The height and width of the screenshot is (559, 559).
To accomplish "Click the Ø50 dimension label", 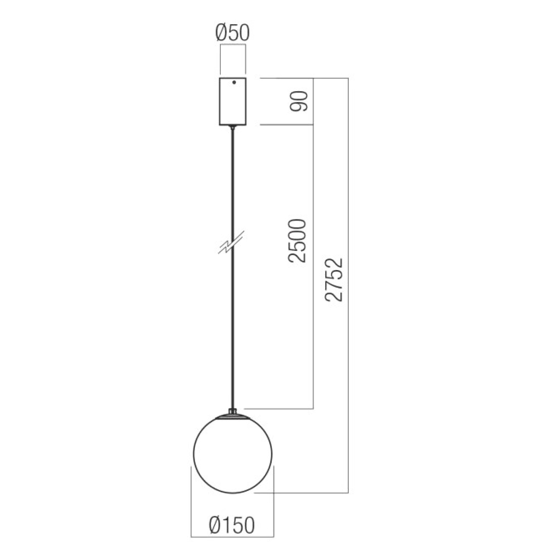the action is (232, 34).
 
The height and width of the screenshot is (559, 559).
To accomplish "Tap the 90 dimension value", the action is (299, 101).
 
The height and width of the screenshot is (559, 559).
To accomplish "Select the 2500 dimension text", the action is (297, 240).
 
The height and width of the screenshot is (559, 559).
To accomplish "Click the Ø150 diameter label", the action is (232, 525).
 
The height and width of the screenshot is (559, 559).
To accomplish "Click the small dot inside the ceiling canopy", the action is (234, 83).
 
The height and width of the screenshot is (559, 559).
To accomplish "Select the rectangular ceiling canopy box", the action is (233, 101).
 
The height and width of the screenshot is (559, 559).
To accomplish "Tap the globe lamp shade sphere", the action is (233, 454).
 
